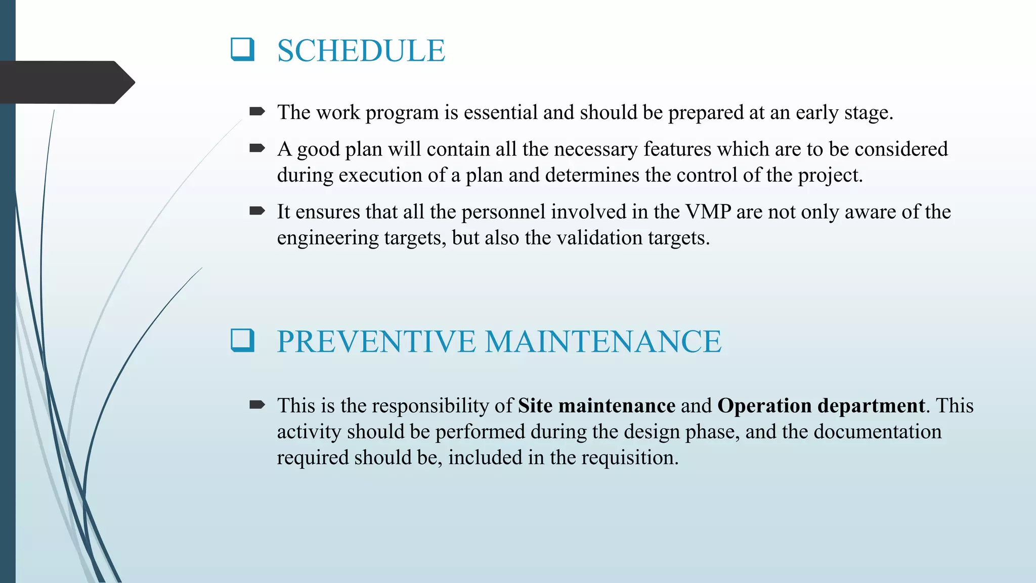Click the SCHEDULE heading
point(361,51)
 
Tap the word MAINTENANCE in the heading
point(602,342)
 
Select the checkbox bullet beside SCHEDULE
point(242,50)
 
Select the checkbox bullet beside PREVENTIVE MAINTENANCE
point(242,340)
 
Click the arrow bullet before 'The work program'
point(257,111)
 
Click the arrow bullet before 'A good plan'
point(257,148)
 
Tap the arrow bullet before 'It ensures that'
point(257,211)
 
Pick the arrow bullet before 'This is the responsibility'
point(257,404)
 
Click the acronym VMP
point(708,212)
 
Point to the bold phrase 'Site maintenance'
point(596,406)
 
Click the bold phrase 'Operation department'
point(821,406)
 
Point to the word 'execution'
point(380,175)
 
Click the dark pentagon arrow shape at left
point(66,82)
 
